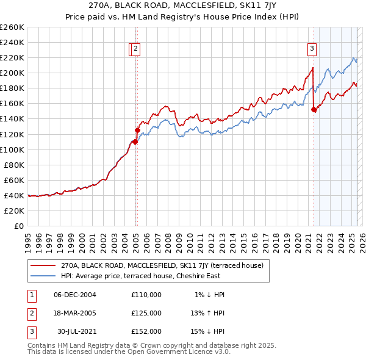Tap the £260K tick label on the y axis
tap(12, 27)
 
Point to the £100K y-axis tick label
tap(12, 149)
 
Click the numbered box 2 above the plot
tap(135, 49)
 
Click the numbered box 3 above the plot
tap(312, 49)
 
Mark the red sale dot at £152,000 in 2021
tap(314, 110)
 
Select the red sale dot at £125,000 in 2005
tap(137, 130)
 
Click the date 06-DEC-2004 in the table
tap(75, 295)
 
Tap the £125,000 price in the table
tap(146, 313)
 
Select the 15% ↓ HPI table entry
tap(208, 331)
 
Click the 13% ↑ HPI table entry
tap(208, 313)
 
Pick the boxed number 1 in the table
tap(30, 295)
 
